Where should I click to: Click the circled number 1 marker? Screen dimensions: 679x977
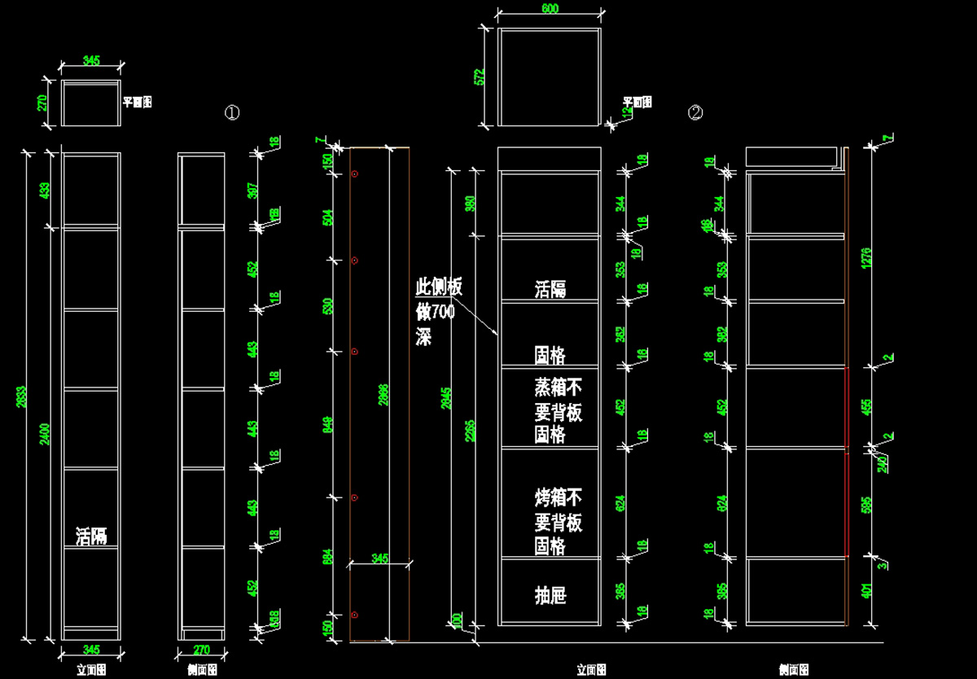pos(232,113)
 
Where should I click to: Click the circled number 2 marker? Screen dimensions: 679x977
pos(695,113)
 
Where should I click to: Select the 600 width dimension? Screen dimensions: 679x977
pos(550,9)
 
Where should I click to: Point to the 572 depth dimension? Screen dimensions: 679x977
pos(480,77)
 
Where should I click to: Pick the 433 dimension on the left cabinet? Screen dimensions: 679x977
pos(46,191)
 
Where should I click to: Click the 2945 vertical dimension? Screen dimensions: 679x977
pos(445,398)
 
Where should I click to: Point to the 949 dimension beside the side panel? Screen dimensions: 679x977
pos(329,423)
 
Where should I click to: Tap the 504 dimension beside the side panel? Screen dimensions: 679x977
pos(329,217)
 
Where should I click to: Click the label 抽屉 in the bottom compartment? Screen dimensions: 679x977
pos(550,596)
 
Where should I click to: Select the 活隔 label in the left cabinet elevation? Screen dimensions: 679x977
pos(91,537)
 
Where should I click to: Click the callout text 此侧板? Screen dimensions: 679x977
pos(439,287)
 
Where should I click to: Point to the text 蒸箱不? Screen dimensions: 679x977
pos(559,387)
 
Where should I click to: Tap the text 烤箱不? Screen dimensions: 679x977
pos(559,497)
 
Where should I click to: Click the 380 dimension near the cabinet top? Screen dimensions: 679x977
pos(471,203)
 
